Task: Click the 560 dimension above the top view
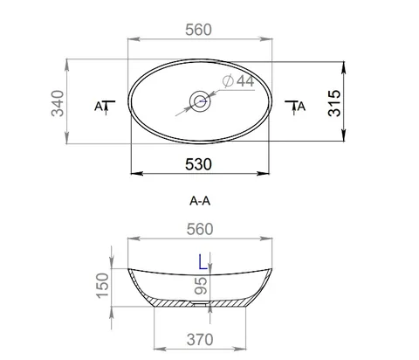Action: click(199, 30)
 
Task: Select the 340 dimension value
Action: click(58, 103)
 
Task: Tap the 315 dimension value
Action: click(334, 103)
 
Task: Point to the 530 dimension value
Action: click(198, 164)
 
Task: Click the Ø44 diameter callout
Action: click(238, 80)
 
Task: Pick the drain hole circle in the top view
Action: click(200, 101)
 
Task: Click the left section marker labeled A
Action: click(105, 107)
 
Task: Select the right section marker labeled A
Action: click(295, 107)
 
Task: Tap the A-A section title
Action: click(200, 201)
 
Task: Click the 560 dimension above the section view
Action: click(200, 229)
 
